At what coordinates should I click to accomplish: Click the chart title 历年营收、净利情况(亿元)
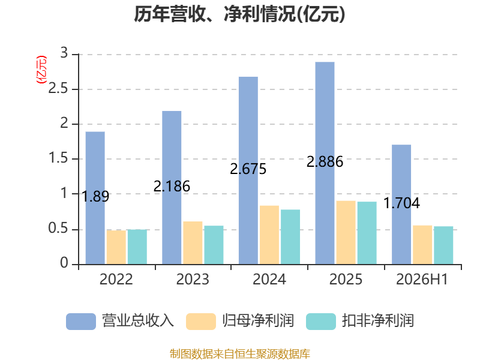tap(239, 14)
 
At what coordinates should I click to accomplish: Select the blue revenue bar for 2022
tap(95, 198)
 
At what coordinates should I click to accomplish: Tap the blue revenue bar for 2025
tap(325, 163)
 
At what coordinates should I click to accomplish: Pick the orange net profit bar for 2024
tap(269, 235)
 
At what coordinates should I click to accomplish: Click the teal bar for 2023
tap(214, 245)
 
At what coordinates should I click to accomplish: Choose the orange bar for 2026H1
tap(422, 245)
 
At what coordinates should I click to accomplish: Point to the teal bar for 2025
tap(367, 233)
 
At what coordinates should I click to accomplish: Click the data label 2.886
tap(325, 161)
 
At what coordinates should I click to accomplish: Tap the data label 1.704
tap(401, 203)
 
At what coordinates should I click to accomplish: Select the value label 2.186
tap(172, 186)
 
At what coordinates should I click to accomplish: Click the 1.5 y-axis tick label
tap(58, 158)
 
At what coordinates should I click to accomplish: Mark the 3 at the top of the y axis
tap(64, 53)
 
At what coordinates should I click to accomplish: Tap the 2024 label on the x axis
tap(269, 279)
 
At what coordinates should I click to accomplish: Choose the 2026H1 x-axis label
tap(422, 279)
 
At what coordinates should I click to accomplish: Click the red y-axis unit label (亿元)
tap(41, 70)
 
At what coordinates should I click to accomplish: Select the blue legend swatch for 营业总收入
tap(81, 322)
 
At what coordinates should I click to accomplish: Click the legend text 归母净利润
tap(258, 321)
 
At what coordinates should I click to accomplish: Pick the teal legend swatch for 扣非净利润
tap(321, 322)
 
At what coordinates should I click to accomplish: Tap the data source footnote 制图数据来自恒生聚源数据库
tap(240, 354)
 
